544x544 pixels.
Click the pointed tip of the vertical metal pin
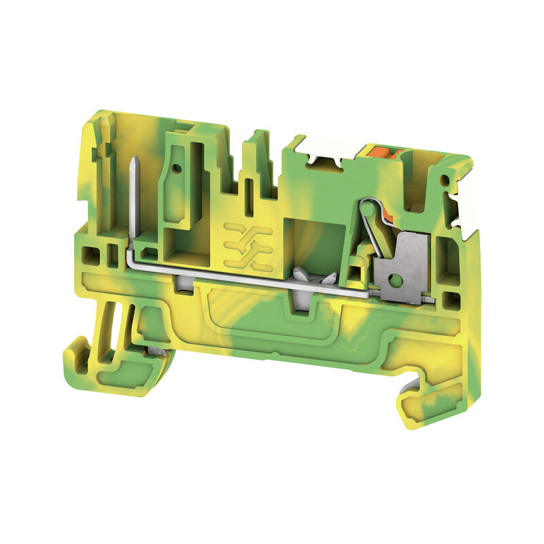pos(131,161)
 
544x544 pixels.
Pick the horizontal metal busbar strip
pos(245,277)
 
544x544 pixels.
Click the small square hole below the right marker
pos(449,297)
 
